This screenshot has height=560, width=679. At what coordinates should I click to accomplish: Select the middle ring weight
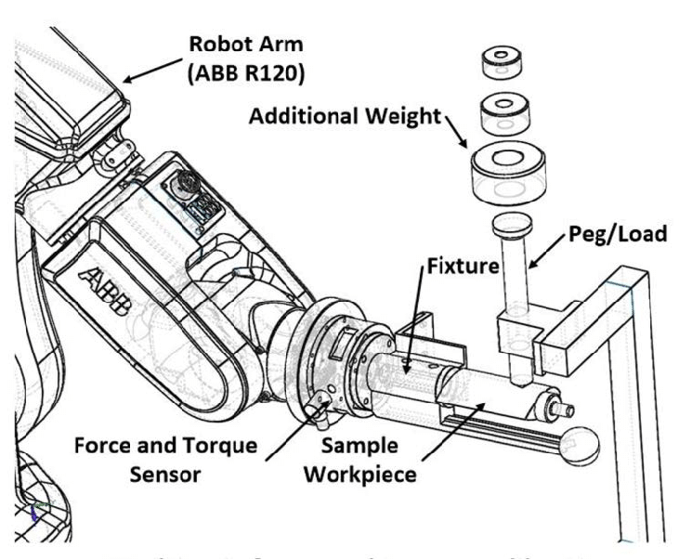coord(506,113)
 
